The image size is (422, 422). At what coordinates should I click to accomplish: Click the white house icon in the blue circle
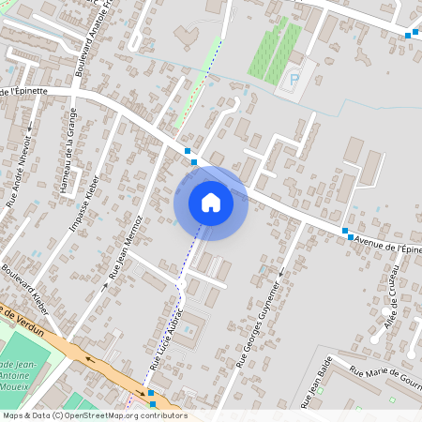coord(211,203)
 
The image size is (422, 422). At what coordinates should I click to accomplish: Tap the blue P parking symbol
coord(294,81)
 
